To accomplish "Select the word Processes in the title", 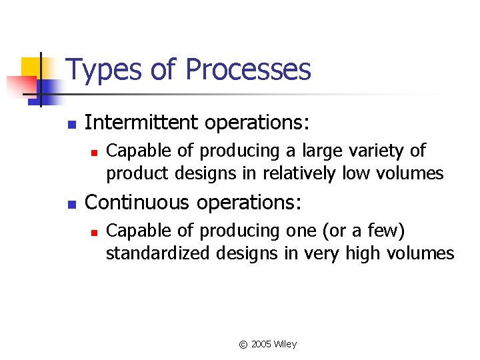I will (x=248, y=70).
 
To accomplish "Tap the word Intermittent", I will (x=142, y=123).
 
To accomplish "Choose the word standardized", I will (x=157, y=253).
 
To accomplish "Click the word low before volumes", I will (x=355, y=174).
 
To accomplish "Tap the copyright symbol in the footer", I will (x=243, y=345).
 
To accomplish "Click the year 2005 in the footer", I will (x=261, y=345).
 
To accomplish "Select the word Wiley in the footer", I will (x=285, y=345).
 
